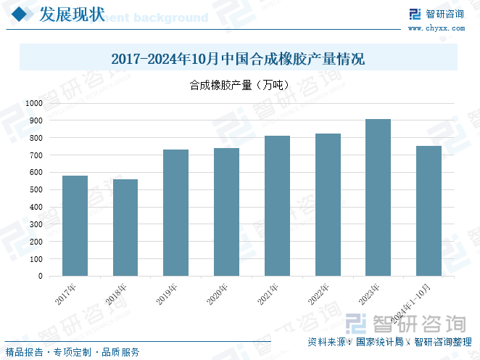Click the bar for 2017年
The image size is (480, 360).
pyautogui.click(x=75, y=226)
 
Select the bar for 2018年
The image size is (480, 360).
pyautogui.click(x=125, y=228)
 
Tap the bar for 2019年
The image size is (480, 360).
pyautogui.click(x=175, y=213)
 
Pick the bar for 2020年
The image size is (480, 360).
pyautogui.click(x=226, y=212)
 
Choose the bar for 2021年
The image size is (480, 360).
pyautogui.click(x=277, y=206)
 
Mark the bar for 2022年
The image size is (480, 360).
pyautogui.click(x=328, y=205)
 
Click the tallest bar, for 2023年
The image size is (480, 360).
pyautogui.click(x=378, y=197)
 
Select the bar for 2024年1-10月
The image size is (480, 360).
pyautogui.click(x=429, y=211)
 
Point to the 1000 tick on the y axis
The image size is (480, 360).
pyautogui.click(x=33, y=103)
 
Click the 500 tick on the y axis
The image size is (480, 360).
pyautogui.click(x=36, y=189)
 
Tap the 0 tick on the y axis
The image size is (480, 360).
pyautogui.click(x=40, y=276)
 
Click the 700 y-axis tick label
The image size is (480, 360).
pyautogui.click(x=36, y=155)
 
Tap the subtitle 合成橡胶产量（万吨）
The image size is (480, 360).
pyautogui.click(x=239, y=86)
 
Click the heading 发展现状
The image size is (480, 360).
pyautogui.click(x=70, y=14)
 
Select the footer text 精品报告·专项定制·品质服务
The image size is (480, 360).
pyautogui.click(x=73, y=352)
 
